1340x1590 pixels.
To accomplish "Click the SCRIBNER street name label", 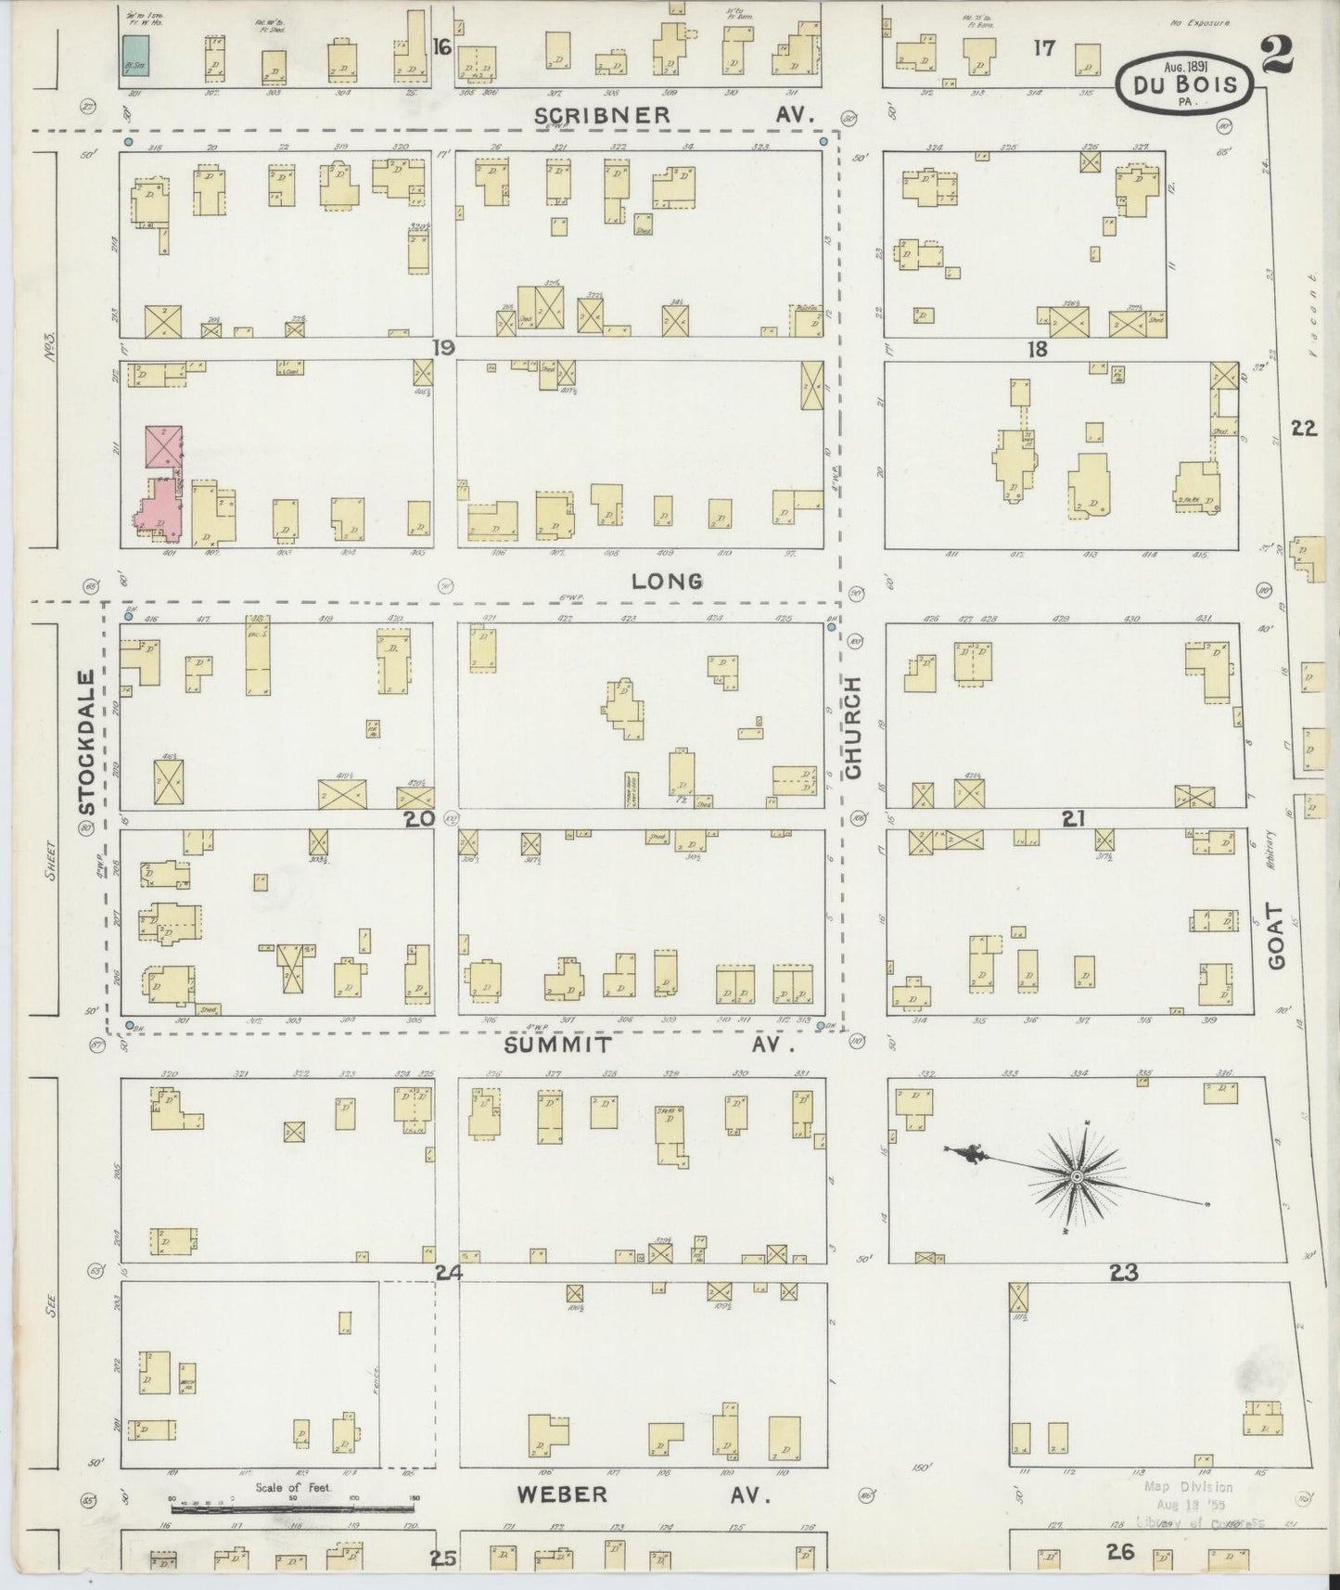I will click(602, 115).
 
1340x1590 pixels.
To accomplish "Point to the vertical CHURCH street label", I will click(853, 727).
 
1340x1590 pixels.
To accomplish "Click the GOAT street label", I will click(1278, 937).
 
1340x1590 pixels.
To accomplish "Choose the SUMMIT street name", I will click(559, 1045).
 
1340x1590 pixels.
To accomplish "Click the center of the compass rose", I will click(1077, 1176).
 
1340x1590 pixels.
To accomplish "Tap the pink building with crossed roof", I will click(163, 446).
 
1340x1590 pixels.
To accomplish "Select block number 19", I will click(443, 349).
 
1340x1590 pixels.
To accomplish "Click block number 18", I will click(1037, 349).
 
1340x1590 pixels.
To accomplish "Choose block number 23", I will click(1123, 1273).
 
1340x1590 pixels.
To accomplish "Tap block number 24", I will click(449, 1273).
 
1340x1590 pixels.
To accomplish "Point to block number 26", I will click(1120, 1551).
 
